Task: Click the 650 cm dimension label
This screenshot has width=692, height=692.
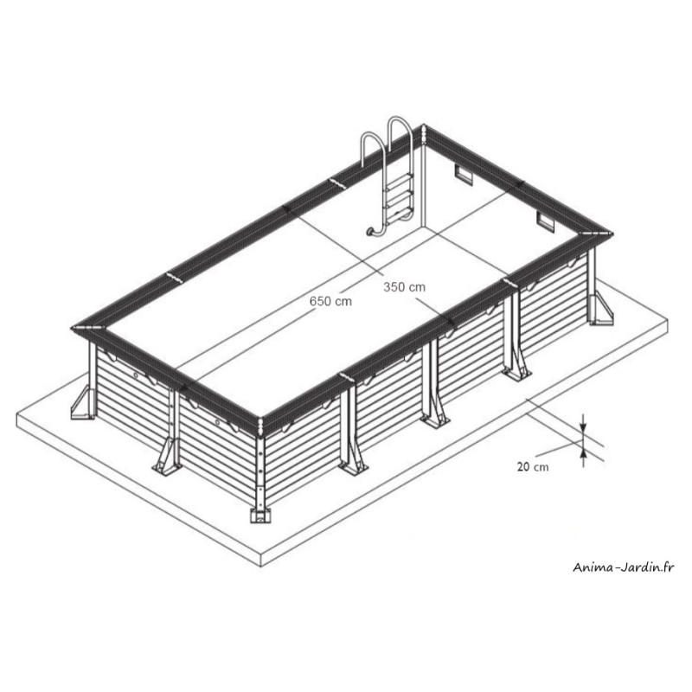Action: pos(330,301)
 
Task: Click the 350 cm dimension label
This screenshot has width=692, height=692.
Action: pos(404,287)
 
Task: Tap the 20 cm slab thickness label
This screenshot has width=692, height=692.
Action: pos(533,466)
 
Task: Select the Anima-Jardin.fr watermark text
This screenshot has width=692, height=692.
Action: pos(624,567)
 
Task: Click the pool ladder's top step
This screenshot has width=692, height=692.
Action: pos(400,177)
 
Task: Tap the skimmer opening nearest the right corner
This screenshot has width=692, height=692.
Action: pos(545,221)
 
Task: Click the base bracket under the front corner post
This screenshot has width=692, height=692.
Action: pos(260,515)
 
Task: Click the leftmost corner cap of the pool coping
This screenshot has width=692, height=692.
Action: pos(86,328)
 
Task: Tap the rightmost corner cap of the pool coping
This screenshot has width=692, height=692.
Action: pos(597,233)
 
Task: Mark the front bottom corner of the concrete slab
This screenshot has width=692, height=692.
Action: pos(261,567)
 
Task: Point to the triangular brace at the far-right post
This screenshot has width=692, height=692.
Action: pos(601,309)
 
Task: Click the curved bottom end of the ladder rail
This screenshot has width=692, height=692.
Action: pos(372,231)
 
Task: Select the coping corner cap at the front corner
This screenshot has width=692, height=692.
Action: pos(261,426)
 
